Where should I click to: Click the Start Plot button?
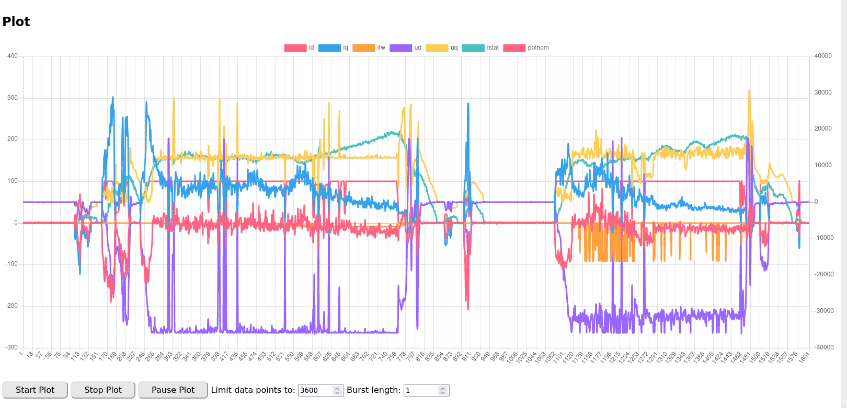tap(35, 390)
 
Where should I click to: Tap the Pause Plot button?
tap(173, 390)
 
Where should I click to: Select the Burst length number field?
tap(421, 390)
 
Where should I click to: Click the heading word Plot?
tap(16, 21)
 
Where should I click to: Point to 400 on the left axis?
tap(13, 56)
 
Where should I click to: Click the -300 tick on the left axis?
tap(12, 347)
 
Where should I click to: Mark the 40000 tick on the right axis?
tap(823, 56)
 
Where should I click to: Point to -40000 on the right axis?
tap(824, 347)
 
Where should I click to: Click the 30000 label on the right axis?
tap(823, 92)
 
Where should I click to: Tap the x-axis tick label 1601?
tap(804, 357)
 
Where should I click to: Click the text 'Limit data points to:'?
tap(253, 390)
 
